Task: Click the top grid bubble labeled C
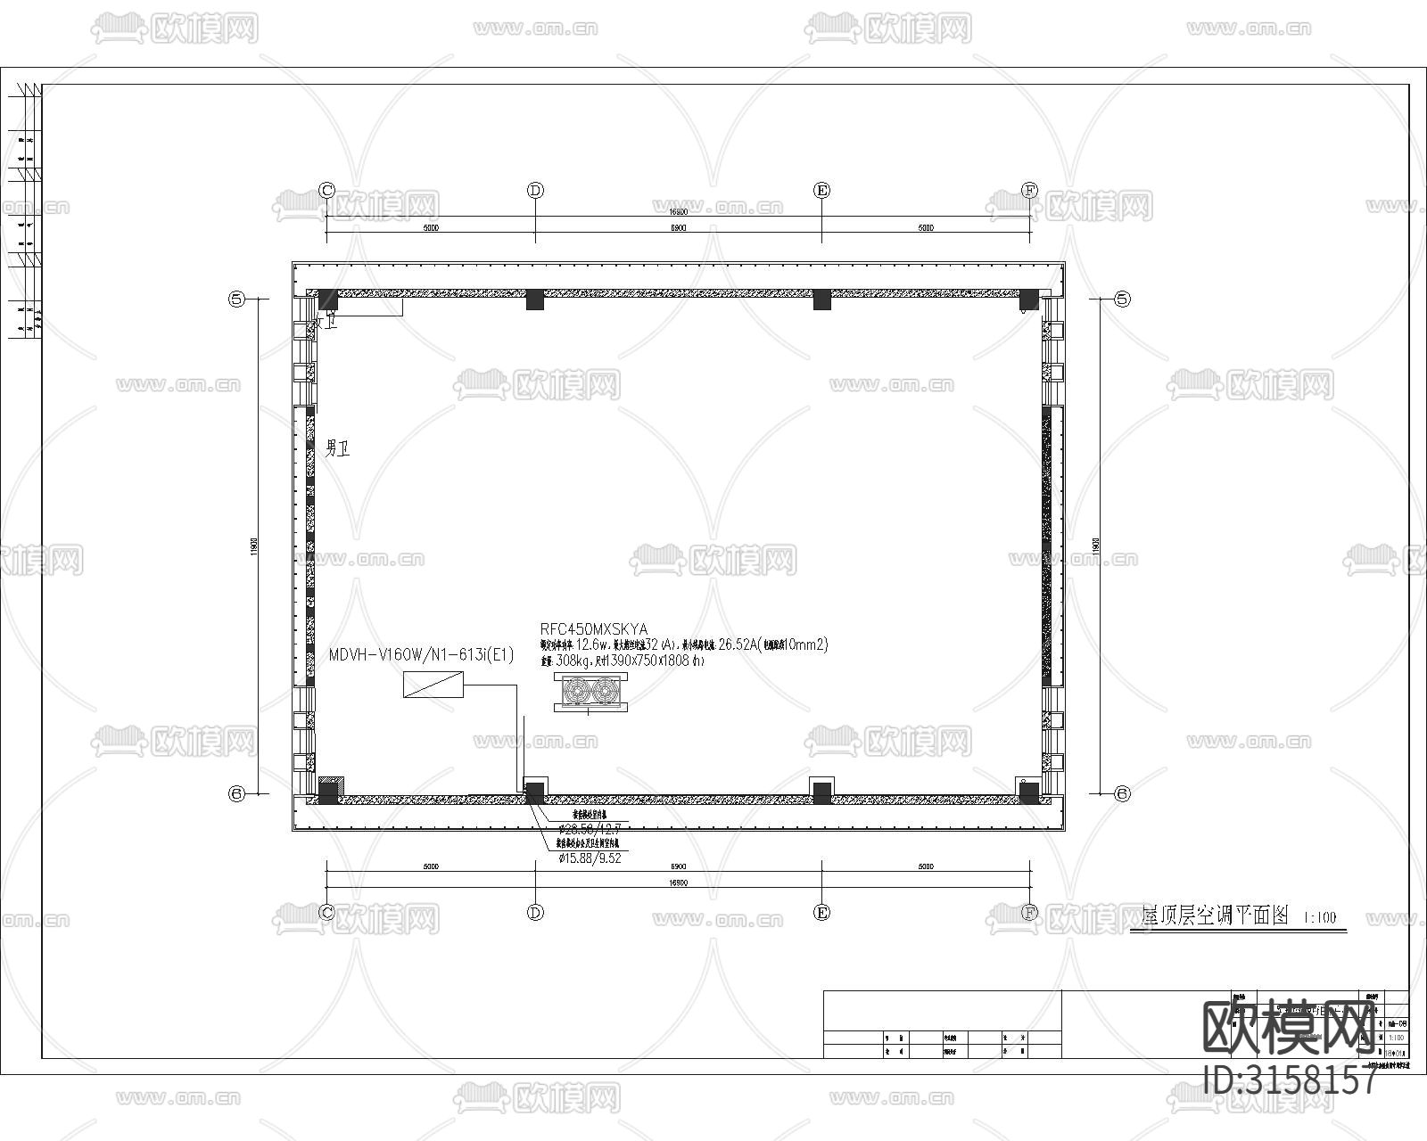coord(326,191)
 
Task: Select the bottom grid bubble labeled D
coord(535,913)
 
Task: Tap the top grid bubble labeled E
coord(822,191)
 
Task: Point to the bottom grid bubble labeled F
coord(1030,913)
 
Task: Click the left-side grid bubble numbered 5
coord(237,300)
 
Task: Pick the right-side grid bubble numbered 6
coord(1123,793)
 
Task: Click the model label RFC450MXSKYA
coord(594,629)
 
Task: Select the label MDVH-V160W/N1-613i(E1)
coord(422,655)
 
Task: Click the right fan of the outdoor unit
coord(606,691)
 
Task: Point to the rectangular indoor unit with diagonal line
coord(433,685)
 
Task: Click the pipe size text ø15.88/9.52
coord(590,858)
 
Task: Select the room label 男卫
coord(337,448)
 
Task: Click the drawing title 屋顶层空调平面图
coord(1216,915)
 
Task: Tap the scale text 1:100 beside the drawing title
coord(1320,917)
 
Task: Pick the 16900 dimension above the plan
coord(678,212)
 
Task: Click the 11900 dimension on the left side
coord(254,546)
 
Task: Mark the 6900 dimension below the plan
coord(678,866)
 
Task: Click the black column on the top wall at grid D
coord(534,300)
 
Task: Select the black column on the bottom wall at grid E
coord(821,791)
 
